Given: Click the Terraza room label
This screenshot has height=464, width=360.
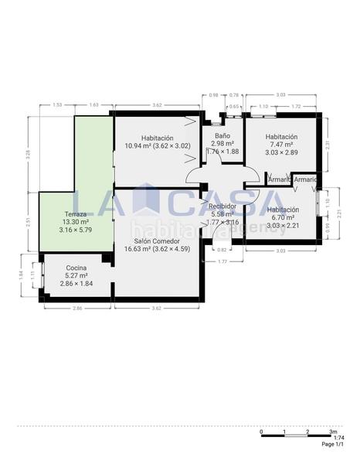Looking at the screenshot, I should click(x=76, y=213).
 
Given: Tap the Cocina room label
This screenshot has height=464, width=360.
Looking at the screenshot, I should click(x=76, y=268).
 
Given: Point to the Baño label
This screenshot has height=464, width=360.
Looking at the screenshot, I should click(x=222, y=135).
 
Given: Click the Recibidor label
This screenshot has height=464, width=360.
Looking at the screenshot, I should click(x=222, y=206).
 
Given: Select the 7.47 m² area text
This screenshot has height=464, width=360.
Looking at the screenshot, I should click(x=280, y=145).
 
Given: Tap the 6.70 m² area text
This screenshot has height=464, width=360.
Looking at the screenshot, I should click(x=281, y=217).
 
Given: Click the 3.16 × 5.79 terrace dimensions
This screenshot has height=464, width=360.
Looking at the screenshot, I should click(x=76, y=230).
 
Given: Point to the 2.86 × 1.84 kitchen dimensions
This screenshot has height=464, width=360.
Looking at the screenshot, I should click(x=76, y=284).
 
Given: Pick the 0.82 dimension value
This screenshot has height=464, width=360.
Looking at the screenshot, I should click(x=222, y=250).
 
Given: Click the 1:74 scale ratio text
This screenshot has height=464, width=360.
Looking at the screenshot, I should click(x=328, y=438).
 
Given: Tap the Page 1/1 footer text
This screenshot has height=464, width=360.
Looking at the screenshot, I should click(x=333, y=445).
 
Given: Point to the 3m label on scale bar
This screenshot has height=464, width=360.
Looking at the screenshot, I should click(x=332, y=432).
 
